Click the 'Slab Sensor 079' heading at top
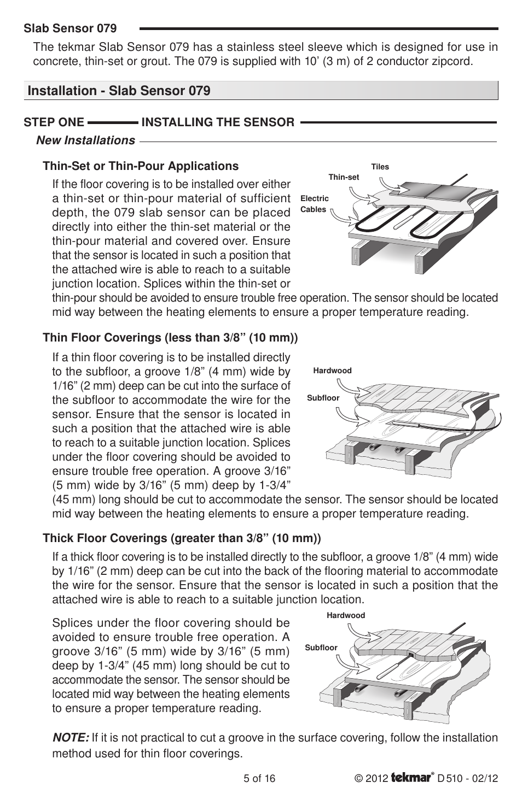[x=70, y=28]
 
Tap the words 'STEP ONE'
[x=54, y=122]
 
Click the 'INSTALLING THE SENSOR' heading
[x=218, y=122]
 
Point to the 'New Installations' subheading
[x=85, y=140]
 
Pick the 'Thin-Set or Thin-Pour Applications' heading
[x=141, y=166]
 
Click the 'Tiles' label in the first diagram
[x=380, y=167]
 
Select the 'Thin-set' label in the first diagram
[x=344, y=177]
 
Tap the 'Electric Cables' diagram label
[x=315, y=204]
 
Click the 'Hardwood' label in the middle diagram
[x=332, y=370]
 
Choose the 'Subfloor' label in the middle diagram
[x=323, y=398]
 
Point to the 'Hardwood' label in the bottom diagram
[x=345, y=615]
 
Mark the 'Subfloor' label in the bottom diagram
[x=321, y=648]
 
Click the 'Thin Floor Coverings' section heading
[x=170, y=338]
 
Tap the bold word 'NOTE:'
[x=71, y=738]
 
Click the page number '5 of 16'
[x=259, y=779]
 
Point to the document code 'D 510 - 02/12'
[x=467, y=779]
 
